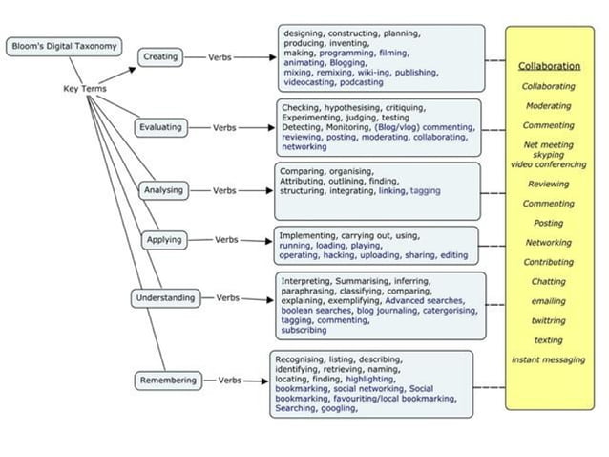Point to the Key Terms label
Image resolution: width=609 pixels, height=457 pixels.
[84, 89]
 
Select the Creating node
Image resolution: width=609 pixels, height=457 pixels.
[160, 57]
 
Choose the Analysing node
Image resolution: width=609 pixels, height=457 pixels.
[163, 190]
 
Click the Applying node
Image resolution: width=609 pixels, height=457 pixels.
[164, 239]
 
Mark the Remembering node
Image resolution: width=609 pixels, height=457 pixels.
[169, 381]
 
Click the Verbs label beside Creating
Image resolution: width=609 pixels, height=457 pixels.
[220, 57]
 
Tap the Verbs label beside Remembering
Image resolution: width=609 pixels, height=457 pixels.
[229, 381]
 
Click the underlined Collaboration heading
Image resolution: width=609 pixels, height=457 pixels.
[549, 66]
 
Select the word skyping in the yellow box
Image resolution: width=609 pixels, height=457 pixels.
[548, 154]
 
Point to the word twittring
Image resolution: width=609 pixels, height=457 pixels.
[548, 320]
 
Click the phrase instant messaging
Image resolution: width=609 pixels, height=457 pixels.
[548, 359]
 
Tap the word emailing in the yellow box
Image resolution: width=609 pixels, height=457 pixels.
[548, 301]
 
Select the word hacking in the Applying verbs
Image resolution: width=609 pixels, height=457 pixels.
[340, 255]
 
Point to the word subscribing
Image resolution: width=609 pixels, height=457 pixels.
[303, 330]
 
